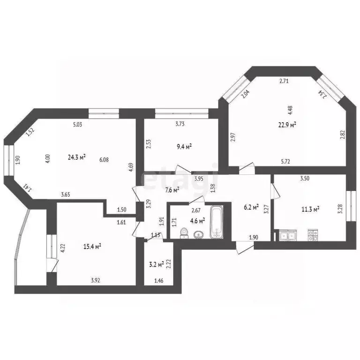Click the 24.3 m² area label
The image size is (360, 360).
tap(77, 157)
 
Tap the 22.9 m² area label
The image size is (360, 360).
tap(287, 125)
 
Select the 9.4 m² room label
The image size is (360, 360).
tap(184, 146)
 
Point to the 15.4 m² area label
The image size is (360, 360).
tap(92, 247)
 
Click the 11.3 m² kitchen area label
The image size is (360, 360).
tap(310, 209)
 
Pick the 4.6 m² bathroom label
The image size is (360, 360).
tap(197, 221)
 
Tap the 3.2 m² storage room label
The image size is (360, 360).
tap(157, 264)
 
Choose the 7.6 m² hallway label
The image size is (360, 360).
tap(172, 190)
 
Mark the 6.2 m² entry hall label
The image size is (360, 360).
tap(251, 207)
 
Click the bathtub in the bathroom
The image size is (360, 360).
tap(217, 222)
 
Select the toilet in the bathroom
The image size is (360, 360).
tap(184, 232)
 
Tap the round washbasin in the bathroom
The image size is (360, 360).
tap(198, 235)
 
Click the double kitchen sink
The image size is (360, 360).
tap(288, 235)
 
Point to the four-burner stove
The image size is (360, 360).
tap(313, 235)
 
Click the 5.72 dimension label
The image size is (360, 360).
tap(285, 161)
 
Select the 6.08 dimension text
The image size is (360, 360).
tap(104, 159)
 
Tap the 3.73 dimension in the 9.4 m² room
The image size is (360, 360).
tap(180, 124)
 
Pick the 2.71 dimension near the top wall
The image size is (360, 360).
tap(284, 81)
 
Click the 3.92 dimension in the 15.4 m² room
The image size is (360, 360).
tap(96, 280)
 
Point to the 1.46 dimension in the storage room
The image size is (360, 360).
tap(158, 280)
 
